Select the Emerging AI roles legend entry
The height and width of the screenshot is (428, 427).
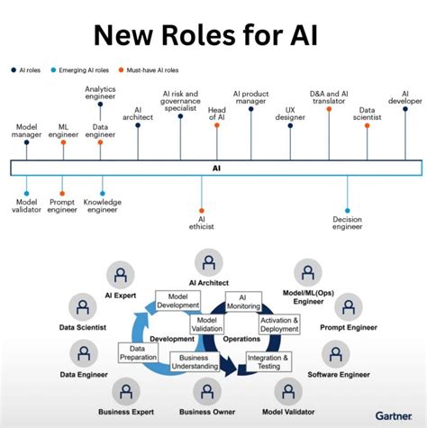point(84,68)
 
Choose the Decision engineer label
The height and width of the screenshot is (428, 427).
point(347,223)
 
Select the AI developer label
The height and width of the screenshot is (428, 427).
point(404,96)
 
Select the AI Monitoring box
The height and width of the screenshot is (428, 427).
point(243,303)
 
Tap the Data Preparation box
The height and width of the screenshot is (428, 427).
point(137,352)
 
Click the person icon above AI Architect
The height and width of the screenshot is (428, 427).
point(209,264)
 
